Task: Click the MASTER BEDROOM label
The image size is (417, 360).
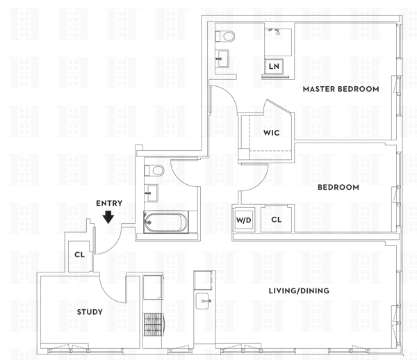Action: click(x=341, y=89)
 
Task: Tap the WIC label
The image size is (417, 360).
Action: click(x=271, y=132)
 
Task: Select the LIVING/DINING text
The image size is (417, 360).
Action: click(x=299, y=291)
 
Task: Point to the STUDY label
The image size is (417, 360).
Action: click(x=90, y=312)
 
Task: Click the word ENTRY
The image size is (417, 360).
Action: click(x=109, y=203)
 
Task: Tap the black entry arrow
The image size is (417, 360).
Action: click(x=108, y=218)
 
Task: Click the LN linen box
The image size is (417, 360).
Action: click(x=275, y=67)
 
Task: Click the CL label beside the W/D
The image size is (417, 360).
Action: click(x=276, y=220)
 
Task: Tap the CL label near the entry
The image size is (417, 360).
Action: click(x=80, y=254)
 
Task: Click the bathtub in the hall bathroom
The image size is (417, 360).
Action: click(x=165, y=222)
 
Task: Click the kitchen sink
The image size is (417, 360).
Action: click(x=203, y=301)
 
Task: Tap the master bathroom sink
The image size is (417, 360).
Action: click(x=224, y=58)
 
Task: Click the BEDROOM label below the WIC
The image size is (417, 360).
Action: click(x=338, y=187)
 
